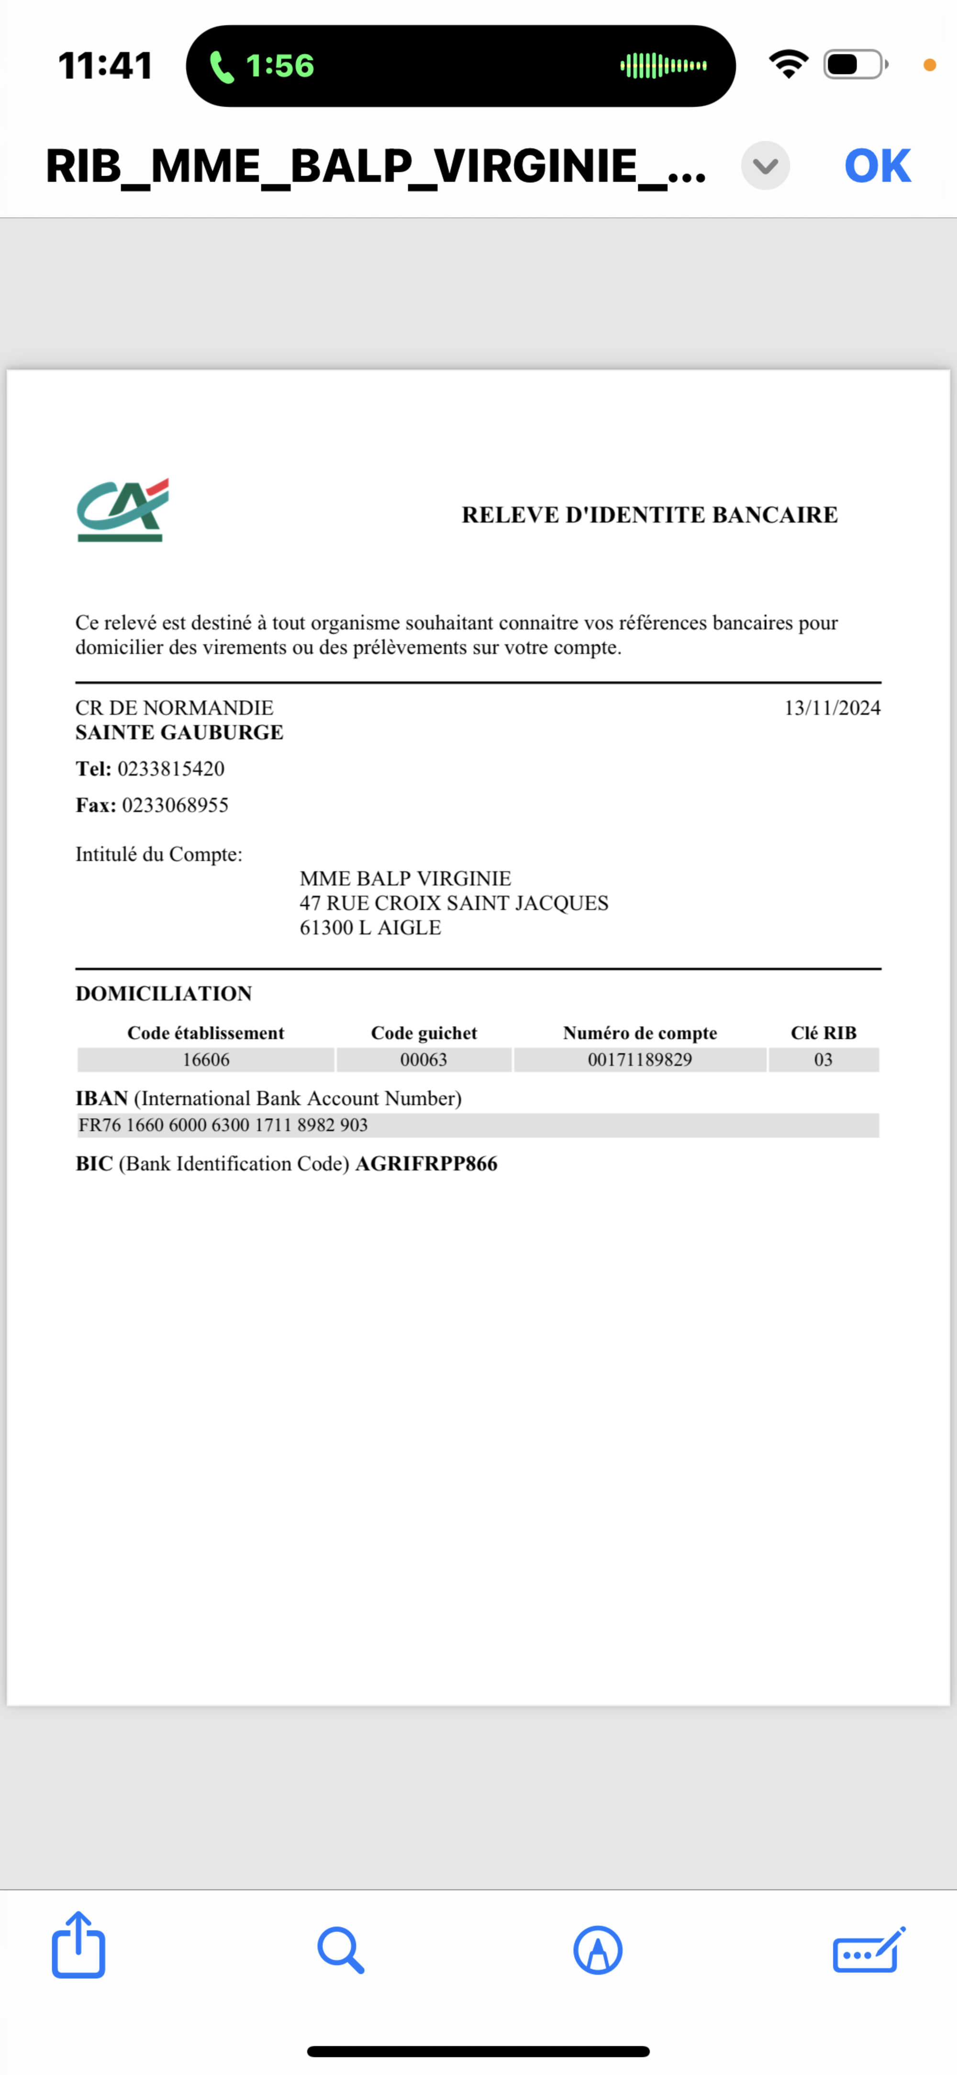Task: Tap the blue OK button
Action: [877, 166]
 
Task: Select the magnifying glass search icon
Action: [340, 1949]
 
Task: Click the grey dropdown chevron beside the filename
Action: [765, 166]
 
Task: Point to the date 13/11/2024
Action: [832, 708]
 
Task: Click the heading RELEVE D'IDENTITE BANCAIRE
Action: [649, 515]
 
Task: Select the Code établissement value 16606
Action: [206, 1059]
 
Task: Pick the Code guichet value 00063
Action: [424, 1059]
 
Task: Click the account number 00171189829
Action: [640, 1059]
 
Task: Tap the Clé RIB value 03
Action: [823, 1059]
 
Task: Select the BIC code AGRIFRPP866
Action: [426, 1164]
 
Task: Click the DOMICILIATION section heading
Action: [164, 993]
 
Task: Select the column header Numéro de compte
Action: [640, 1032]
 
